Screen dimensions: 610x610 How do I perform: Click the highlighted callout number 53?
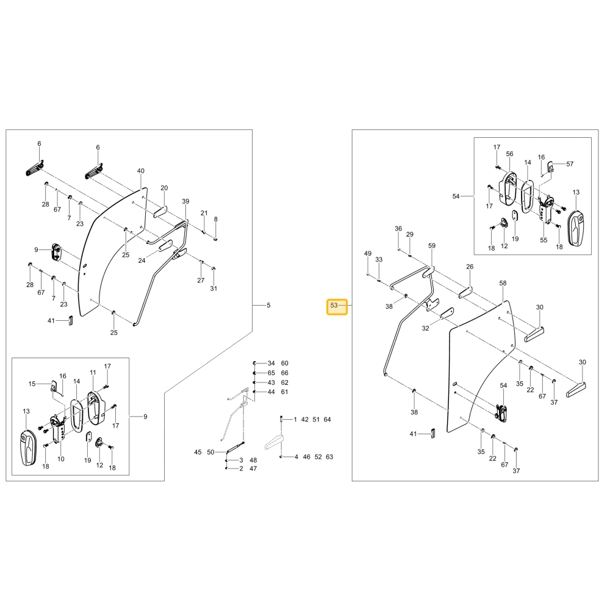point(334,306)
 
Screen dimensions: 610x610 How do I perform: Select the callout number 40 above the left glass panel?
point(141,171)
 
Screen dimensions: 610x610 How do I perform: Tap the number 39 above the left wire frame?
point(185,201)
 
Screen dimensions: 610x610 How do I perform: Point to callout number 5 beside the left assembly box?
point(268,306)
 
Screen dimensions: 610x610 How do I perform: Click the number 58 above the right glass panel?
point(503,283)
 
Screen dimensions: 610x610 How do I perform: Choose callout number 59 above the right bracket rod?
point(432,246)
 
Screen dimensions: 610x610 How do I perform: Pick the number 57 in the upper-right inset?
point(570,164)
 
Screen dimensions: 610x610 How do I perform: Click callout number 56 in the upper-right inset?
point(509,154)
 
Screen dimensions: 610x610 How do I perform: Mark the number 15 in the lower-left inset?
point(32,384)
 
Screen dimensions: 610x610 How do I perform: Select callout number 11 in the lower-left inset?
point(93,372)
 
